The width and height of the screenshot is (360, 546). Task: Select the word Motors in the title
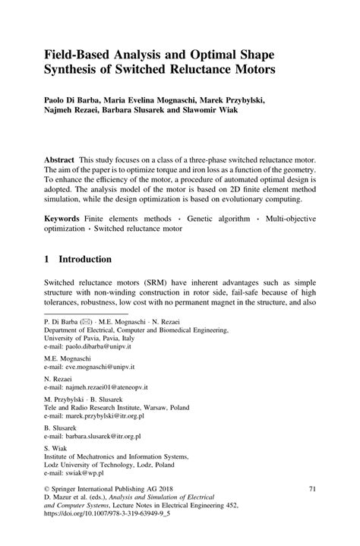click(251, 72)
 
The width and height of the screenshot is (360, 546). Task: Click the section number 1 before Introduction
click(48, 259)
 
